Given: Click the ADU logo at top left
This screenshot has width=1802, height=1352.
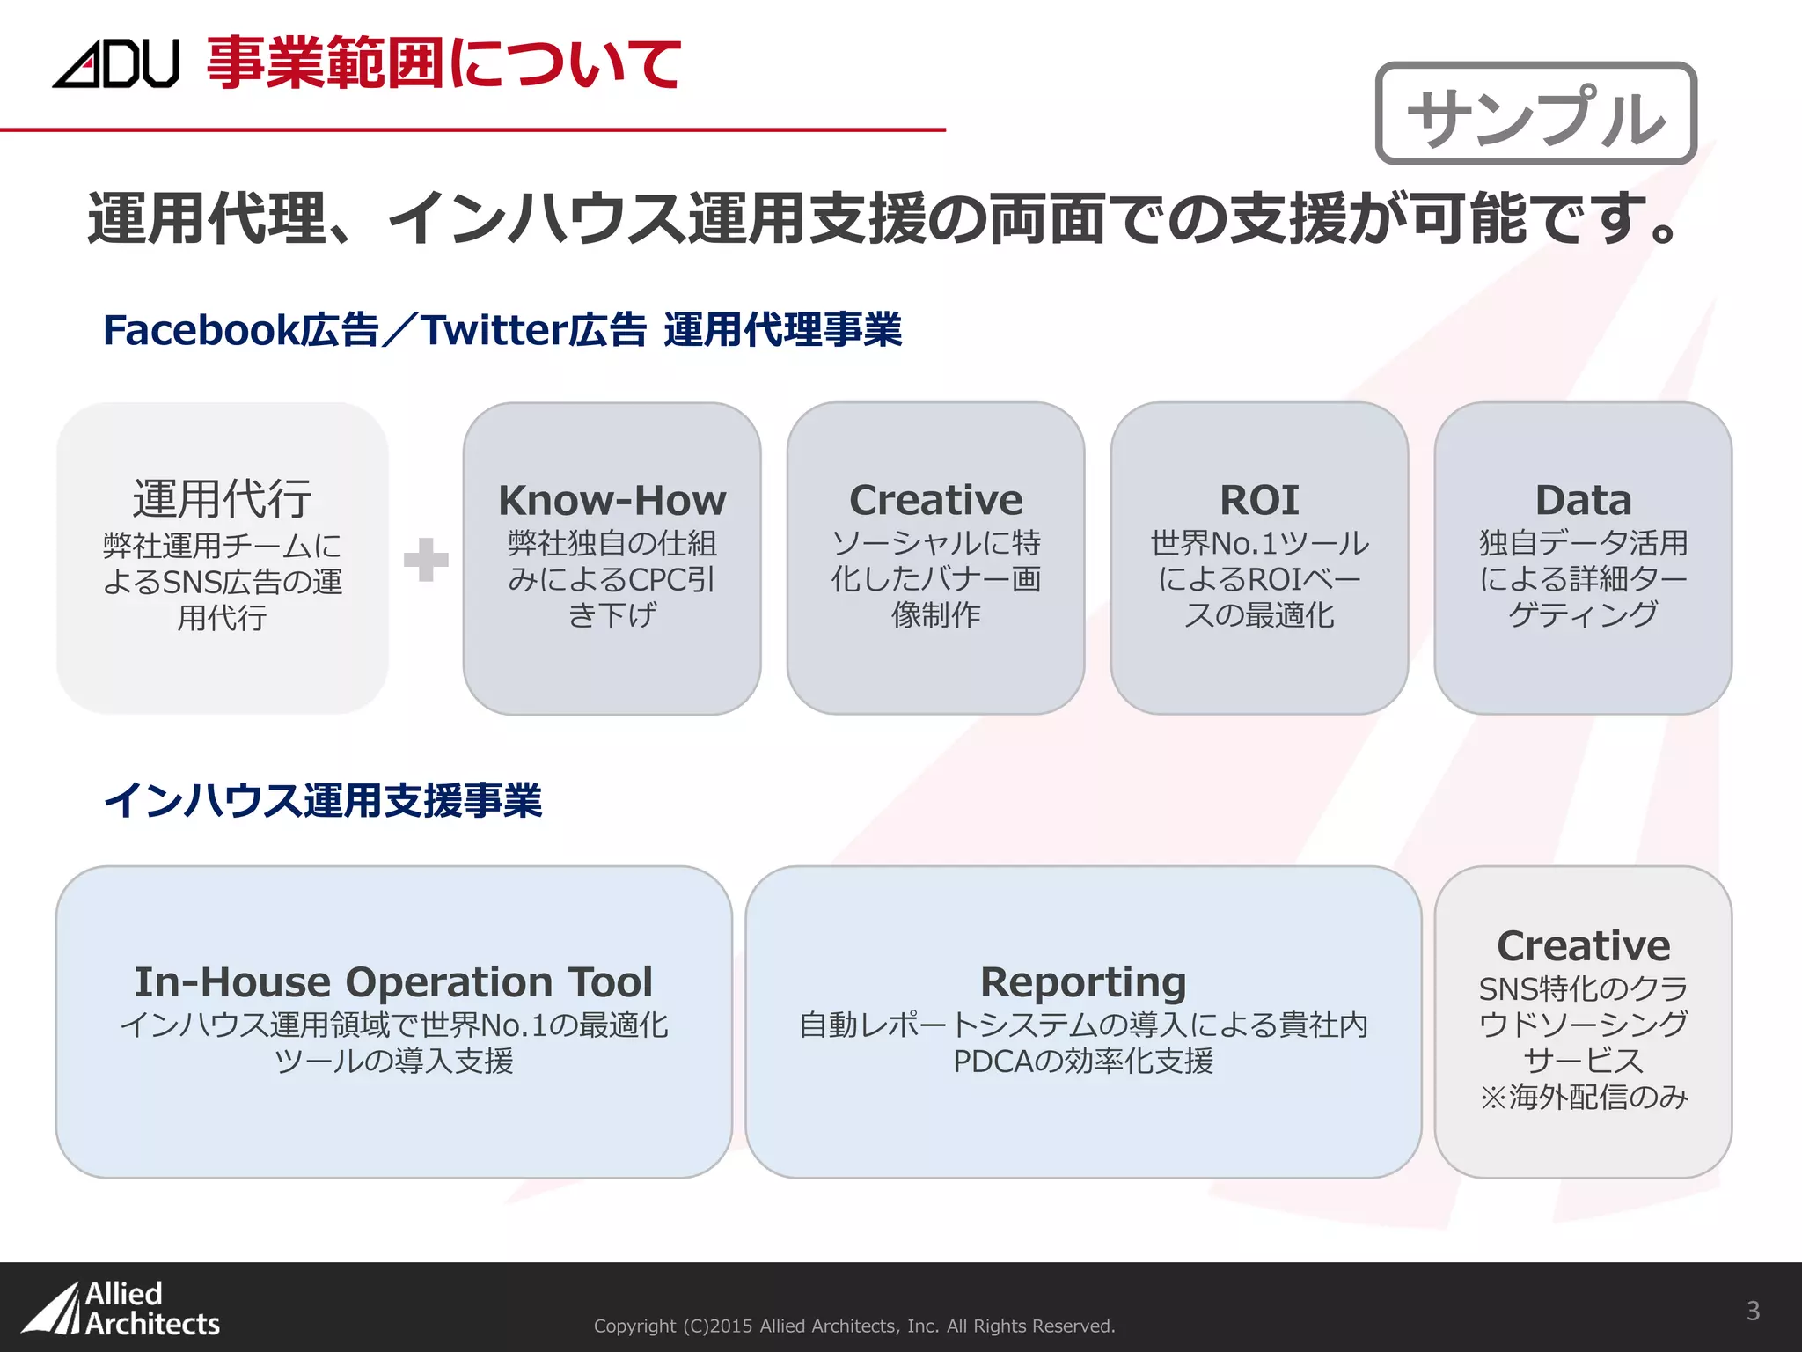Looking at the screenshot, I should click(x=115, y=63).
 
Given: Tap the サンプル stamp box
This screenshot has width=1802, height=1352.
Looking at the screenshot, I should click(x=1535, y=114).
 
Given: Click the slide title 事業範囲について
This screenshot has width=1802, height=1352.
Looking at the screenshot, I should click(x=443, y=63).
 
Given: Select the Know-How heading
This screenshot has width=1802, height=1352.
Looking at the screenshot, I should click(x=612, y=500).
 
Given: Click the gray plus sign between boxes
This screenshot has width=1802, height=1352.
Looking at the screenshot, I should click(x=426, y=560).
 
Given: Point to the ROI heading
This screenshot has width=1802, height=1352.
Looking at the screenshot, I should click(x=1259, y=500).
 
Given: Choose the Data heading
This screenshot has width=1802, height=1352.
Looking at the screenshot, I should click(x=1583, y=500).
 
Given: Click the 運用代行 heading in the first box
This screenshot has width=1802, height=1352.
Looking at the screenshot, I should click(x=222, y=498).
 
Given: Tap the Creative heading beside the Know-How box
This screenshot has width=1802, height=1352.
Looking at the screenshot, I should click(x=935, y=500).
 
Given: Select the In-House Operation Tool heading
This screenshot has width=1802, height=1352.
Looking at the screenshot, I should click(x=393, y=981).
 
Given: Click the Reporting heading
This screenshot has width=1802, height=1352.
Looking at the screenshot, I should click(x=1083, y=981).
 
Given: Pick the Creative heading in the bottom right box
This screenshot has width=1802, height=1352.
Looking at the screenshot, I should click(x=1583, y=945).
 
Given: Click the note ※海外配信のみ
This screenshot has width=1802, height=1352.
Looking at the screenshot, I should click(x=1583, y=1097).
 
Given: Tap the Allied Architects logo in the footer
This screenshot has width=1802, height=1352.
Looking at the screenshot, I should click(x=121, y=1309).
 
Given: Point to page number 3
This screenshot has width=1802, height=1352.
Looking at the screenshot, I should click(x=1753, y=1311).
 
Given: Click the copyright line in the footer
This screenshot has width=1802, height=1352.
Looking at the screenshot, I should click(x=853, y=1326).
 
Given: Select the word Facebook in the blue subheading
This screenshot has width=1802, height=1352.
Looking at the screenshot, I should click(x=201, y=330).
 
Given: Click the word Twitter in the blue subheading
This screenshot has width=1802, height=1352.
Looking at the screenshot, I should click(x=493, y=330).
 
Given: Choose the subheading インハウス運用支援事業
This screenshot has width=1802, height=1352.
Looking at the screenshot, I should click(x=323, y=800).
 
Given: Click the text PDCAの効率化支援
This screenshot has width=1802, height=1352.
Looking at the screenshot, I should click(x=1083, y=1062).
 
